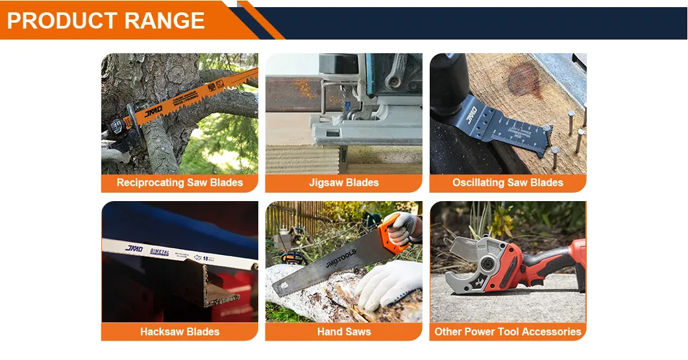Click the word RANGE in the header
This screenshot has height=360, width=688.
pos(164,21)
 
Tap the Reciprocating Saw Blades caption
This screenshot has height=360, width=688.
pos(180,183)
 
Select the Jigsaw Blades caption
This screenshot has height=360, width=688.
pos(344,183)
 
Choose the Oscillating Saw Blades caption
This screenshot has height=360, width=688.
pos(508,183)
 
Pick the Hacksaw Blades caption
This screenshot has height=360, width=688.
pos(180,332)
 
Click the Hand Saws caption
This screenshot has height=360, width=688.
pos(344,332)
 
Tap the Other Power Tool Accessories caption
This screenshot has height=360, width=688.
pos(508,332)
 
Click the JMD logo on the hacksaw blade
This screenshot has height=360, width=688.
pos(134,248)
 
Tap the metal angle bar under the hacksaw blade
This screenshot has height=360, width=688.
pos(214,285)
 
